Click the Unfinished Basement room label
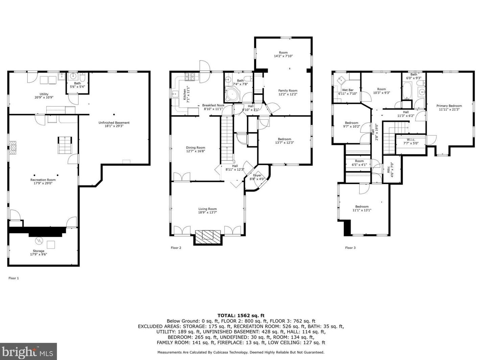coord(114,123)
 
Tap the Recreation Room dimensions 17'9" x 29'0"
coord(43,183)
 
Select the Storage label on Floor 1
coord(39,251)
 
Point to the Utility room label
coord(44,94)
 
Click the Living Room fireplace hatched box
coord(208,237)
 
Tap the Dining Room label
coord(196,148)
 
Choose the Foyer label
coord(257,175)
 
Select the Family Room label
coord(288,91)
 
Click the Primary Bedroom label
coord(449,106)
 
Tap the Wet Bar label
coord(347,90)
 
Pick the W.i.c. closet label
coord(411,140)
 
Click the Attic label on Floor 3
coord(388,170)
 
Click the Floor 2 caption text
coord(176,248)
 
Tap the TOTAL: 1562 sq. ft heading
coord(241,315)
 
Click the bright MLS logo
coord(28,351)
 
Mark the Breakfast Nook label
coord(213,105)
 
